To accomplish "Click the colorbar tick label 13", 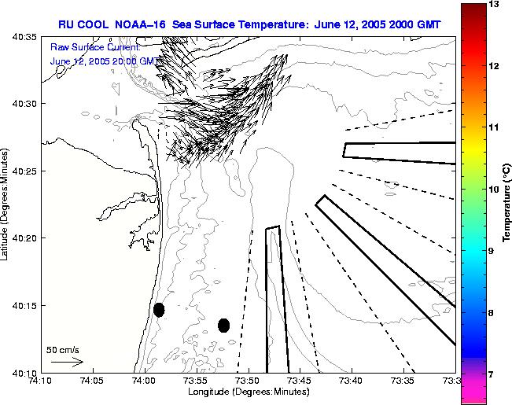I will pyautogui.click(x=494, y=5).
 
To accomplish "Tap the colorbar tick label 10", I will pyautogui.click(x=494, y=190).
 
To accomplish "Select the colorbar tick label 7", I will pyautogui.click(x=494, y=374).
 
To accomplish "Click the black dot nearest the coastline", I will pyautogui.click(x=159, y=310).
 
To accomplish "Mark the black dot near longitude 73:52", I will pyautogui.click(x=223, y=325).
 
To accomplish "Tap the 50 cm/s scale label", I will pyautogui.click(x=63, y=349).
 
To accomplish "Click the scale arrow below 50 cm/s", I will pyautogui.click(x=67, y=362).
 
